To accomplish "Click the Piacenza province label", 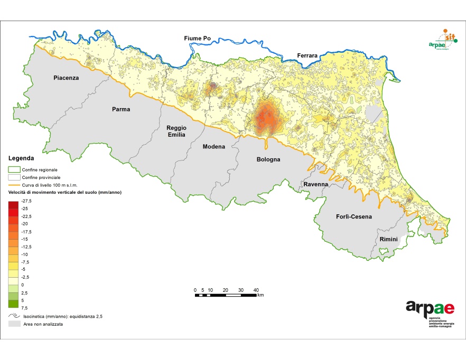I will tap(66, 78).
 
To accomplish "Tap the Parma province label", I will tap(120, 109).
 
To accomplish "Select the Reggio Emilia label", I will tap(176, 131).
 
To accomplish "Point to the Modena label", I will tap(214, 147).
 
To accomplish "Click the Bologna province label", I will tap(268, 159).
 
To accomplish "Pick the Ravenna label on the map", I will tap(315, 185).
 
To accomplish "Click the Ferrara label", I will tap(307, 55).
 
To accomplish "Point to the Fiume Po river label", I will tap(197, 39).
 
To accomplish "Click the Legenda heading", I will tap(21, 158).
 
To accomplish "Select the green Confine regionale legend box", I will tap(14, 170).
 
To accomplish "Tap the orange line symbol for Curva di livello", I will tap(14, 185).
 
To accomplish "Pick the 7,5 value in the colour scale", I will tap(24, 307).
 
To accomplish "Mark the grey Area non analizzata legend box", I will tap(14, 324).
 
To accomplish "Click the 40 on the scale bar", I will tap(256, 290).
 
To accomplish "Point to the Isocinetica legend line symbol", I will tap(14, 316).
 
